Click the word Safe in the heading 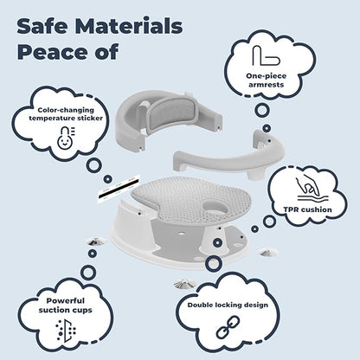[43, 26]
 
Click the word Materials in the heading [130, 26]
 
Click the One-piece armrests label [266, 80]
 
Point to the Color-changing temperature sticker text [66, 114]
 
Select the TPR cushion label [307, 209]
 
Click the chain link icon [228, 327]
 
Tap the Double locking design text [228, 305]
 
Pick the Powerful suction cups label [66, 305]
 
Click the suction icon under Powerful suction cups [66, 330]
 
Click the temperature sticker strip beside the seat [119, 189]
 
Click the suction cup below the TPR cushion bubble [268, 253]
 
